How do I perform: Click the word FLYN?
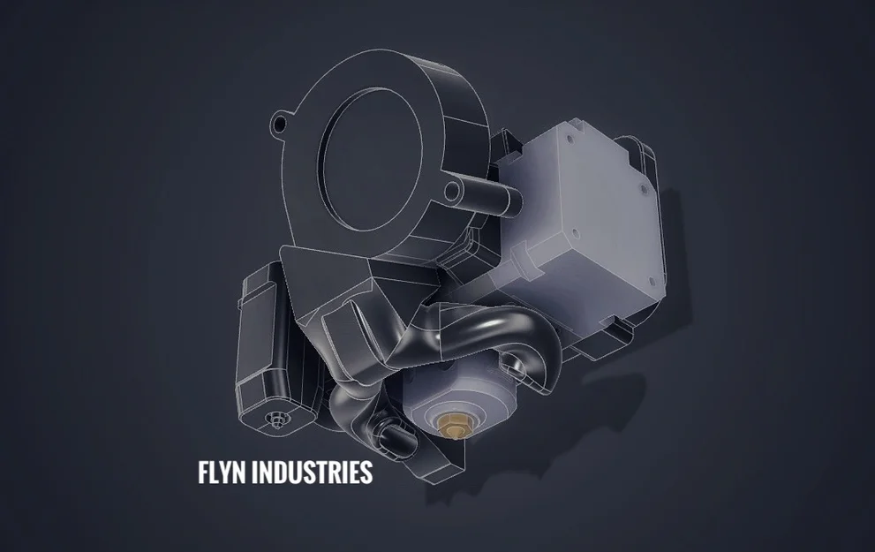pos(222,473)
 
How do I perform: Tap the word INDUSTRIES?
pos(312,473)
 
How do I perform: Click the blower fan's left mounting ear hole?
pos(278,122)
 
